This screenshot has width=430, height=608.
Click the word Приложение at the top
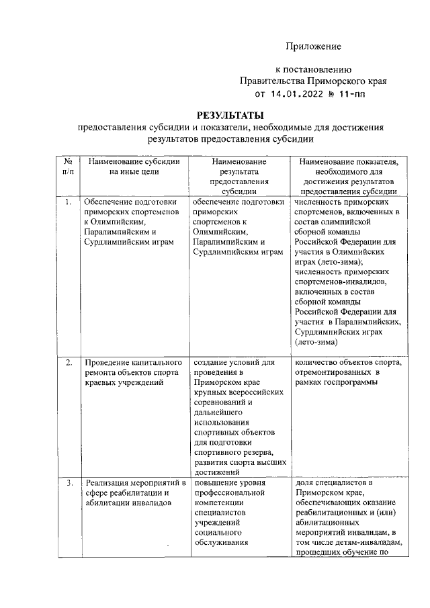(x=314, y=46)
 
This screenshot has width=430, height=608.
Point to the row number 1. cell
(x=68, y=201)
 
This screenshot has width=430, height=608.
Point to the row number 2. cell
(x=68, y=363)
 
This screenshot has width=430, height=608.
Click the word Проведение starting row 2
(x=107, y=363)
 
